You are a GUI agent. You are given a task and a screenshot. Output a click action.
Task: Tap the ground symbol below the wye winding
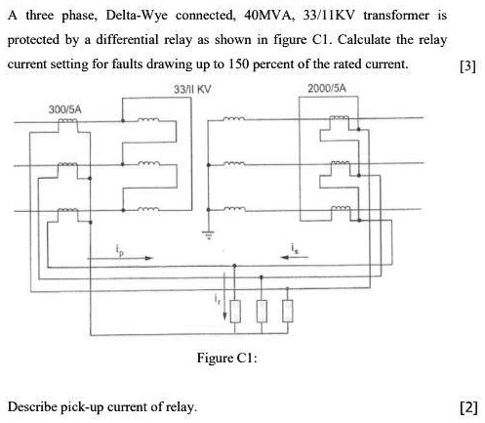207,234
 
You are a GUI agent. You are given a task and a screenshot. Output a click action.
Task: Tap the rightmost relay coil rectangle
287,311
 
